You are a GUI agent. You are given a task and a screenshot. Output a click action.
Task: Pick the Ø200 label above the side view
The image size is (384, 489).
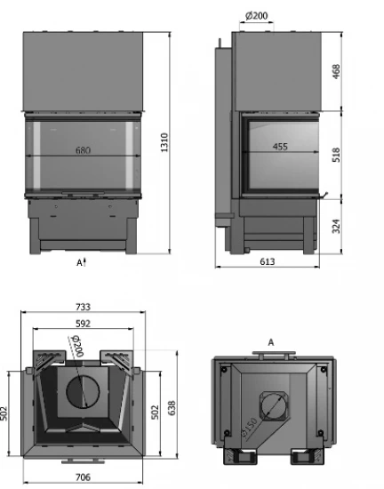258,16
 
